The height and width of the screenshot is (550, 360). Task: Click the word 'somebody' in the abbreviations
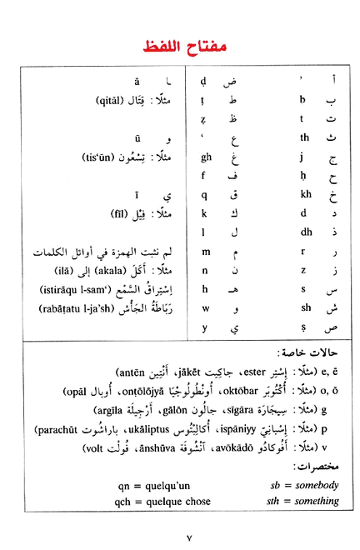click(318, 483)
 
